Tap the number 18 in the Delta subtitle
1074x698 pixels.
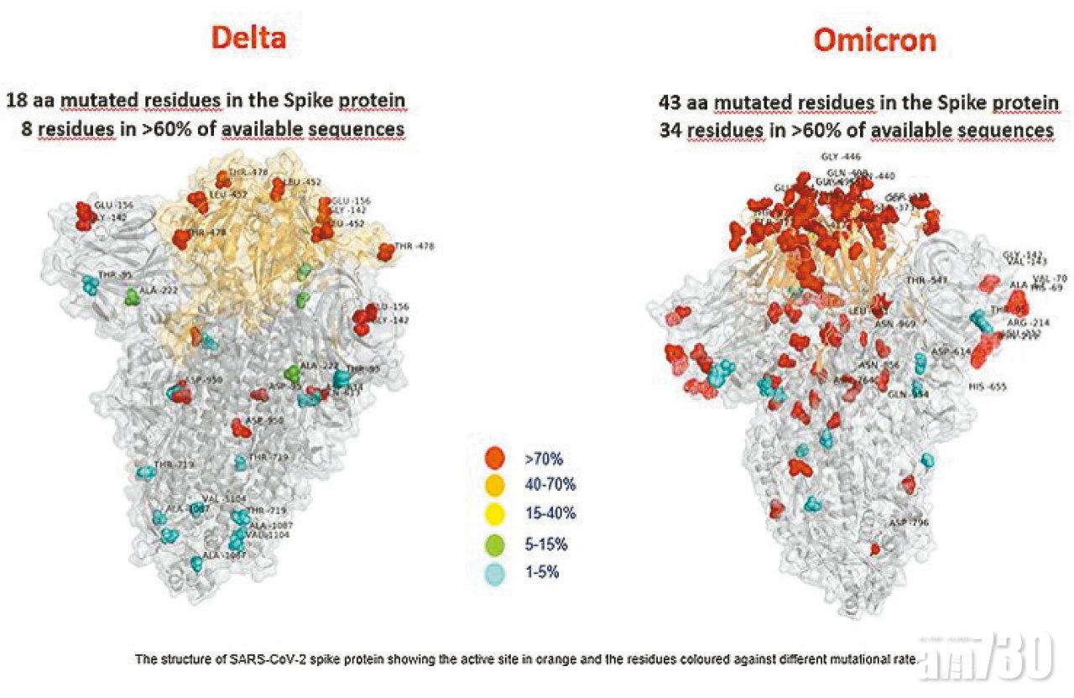16,102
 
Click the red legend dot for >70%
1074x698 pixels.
496,458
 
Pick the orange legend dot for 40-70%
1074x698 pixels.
496,486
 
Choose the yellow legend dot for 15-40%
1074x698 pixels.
496,514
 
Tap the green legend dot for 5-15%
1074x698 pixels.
496,543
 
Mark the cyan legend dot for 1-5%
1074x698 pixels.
496,572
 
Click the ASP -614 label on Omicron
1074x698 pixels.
951,352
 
